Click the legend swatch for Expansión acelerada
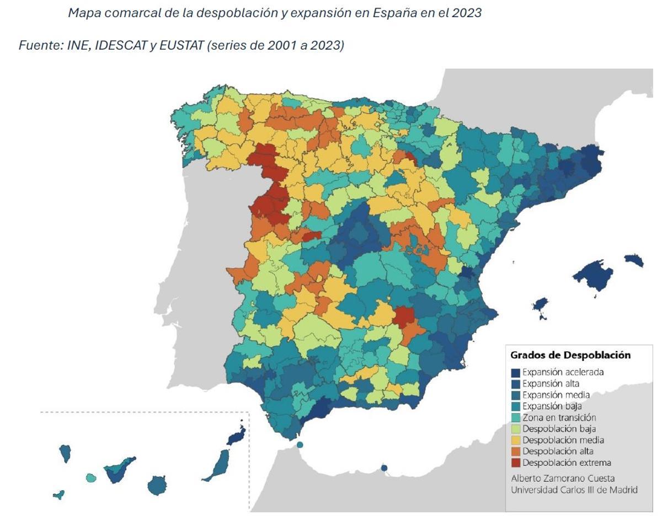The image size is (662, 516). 515,372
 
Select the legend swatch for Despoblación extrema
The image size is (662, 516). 515,463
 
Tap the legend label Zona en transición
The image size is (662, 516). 559,417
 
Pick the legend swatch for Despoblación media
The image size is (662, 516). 515,440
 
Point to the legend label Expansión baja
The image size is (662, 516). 552,406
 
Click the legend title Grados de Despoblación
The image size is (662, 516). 570,355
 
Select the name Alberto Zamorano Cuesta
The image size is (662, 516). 563,478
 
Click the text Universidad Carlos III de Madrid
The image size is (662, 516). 574,490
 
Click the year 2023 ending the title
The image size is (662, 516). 466,13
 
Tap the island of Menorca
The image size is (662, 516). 634,260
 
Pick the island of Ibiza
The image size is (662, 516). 540,305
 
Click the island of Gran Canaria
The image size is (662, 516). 157,486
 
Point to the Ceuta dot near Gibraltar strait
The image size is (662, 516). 300,444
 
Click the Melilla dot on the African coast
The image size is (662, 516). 384,468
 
